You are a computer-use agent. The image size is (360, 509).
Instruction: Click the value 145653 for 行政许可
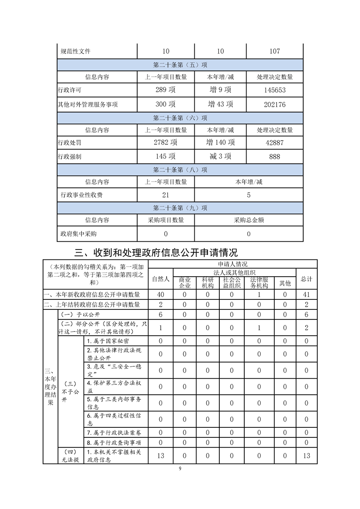pyautogui.click(x=275, y=90)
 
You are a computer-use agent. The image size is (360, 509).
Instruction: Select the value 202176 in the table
pyautogui.click(x=275, y=104)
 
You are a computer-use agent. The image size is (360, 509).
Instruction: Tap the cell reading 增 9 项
pyautogui.click(x=220, y=90)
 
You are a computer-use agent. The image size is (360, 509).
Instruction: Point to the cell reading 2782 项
pyautogui.click(x=166, y=142)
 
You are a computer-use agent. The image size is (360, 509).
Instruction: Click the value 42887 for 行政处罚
pyautogui.click(x=275, y=142)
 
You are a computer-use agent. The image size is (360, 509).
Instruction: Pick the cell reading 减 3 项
pyautogui.click(x=220, y=157)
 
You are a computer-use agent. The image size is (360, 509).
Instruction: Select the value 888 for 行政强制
pyautogui.click(x=275, y=157)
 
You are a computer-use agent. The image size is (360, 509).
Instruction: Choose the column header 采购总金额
pyautogui.click(x=249, y=220)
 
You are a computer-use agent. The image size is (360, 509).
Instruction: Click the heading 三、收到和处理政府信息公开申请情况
pyautogui.click(x=156, y=252)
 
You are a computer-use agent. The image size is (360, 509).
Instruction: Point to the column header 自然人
pyautogui.click(x=160, y=279)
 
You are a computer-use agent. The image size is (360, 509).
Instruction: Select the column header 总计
pyautogui.click(x=306, y=279)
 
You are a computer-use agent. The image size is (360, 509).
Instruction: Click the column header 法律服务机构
pyautogui.click(x=259, y=283)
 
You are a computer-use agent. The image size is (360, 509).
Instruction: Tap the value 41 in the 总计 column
pyautogui.click(x=306, y=294)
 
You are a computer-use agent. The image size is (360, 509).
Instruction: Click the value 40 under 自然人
pyautogui.click(x=160, y=294)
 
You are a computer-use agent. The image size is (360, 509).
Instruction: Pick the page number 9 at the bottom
pyautogui.click(x=180, y=469)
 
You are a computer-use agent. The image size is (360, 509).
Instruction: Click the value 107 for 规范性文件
pyautogui.click(x=275, y=51)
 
